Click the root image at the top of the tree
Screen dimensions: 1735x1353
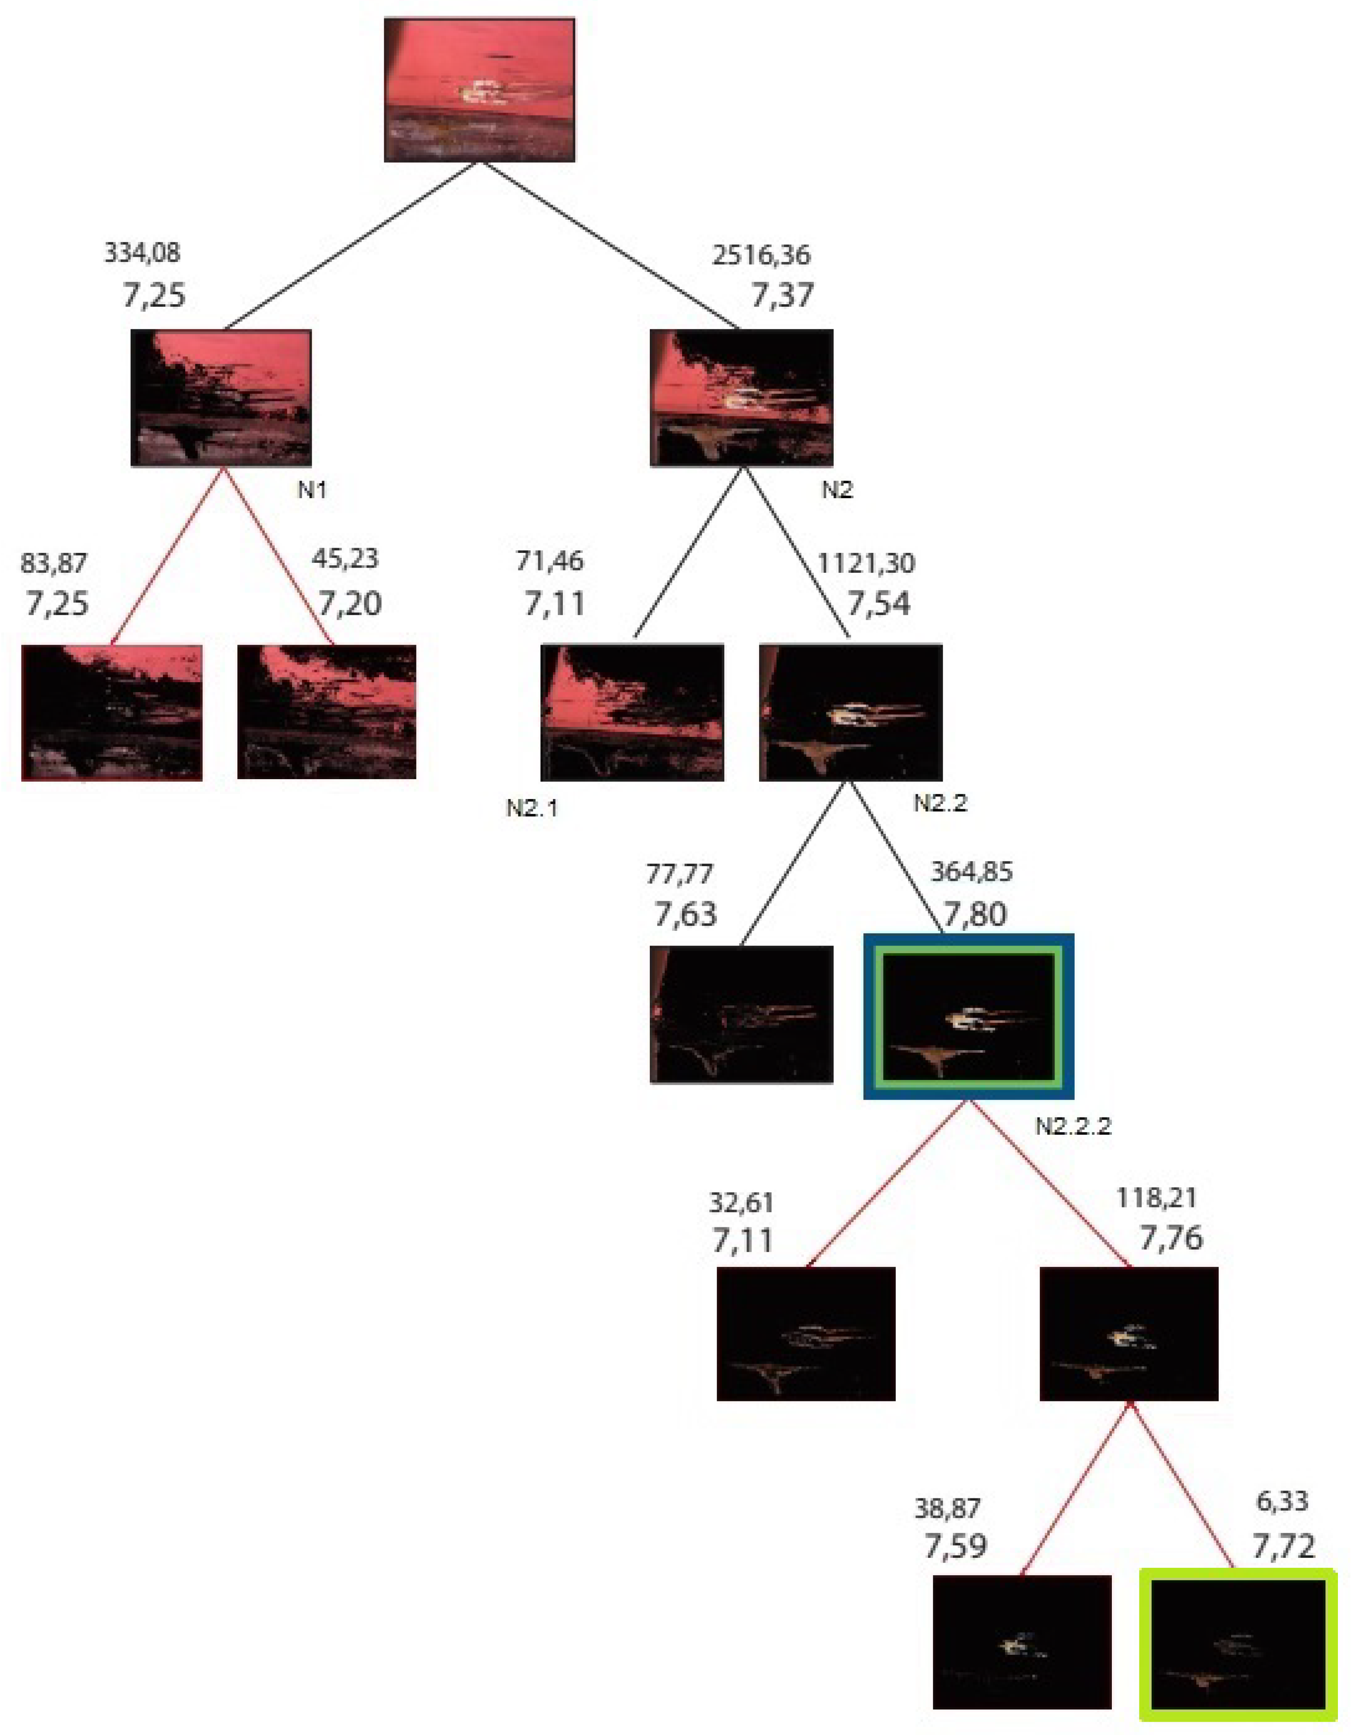tap(479, 90)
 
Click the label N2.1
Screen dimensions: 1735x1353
tap(532, 808)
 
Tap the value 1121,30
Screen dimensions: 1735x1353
tap(866, 563)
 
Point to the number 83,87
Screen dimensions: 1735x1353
tap(54, 563)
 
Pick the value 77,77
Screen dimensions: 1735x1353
tap(679, 874)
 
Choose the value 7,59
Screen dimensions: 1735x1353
tap(955, 1546)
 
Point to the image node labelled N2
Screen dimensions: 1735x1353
tap(741, 397)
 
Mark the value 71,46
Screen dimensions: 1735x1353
tap(549, 561)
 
